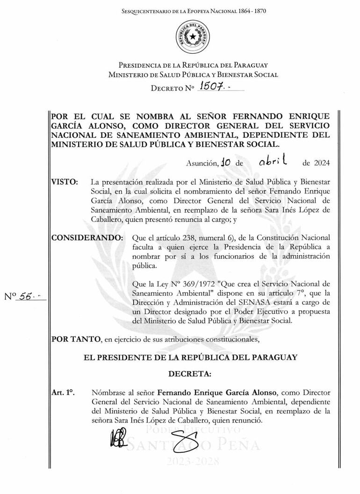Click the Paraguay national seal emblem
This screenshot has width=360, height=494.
(x=193, y=37)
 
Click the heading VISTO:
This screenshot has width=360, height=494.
(x=65, y=181)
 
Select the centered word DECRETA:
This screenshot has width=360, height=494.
(x=189, y=374)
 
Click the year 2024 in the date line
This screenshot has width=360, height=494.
(x=320, y=163)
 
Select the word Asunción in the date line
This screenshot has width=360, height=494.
(x=202, y=163)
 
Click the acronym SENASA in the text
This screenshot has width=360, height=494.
(x=249, y=302)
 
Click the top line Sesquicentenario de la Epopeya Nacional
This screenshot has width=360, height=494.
(x=193, y=10)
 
